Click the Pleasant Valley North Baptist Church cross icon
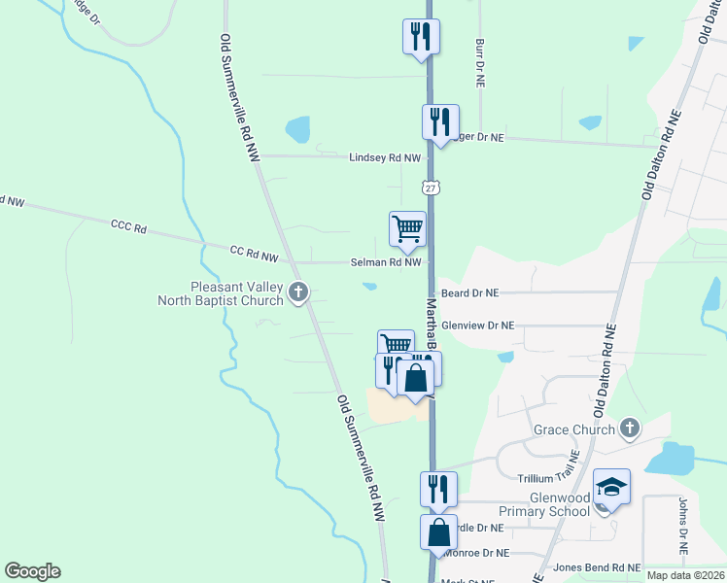coord(298,291)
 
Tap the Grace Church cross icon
coord(630,428)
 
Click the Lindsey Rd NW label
coord(386,156)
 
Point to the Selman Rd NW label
coord(387,262)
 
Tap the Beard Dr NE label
coord(469,291)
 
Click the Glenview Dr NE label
coord(477,326)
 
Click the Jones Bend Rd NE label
coord(597,567)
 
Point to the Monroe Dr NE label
coord(475,552)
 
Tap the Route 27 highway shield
coord(432,186)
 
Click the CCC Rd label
coord(127,228)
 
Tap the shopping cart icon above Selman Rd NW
coord(407,229)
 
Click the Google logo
coord(32,571)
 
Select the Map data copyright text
coord(684,575)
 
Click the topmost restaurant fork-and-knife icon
coord(421,36)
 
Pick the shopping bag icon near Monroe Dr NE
coord(438,532)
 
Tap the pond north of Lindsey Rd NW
coord(297,129)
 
